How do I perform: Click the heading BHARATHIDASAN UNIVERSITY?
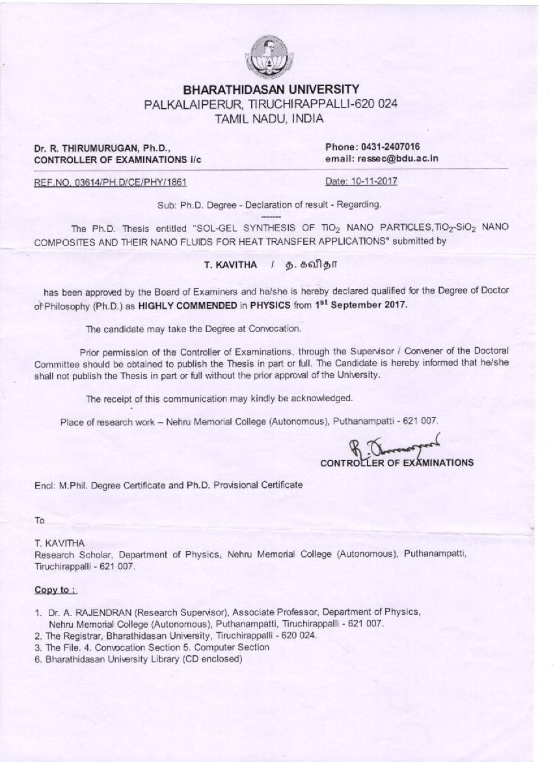[271, 89]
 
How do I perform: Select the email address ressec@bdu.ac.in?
[399, 158]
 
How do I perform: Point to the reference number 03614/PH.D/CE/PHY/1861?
[126, 182]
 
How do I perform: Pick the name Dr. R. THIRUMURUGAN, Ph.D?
[102, 148]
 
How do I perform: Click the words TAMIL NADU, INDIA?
[269, 119]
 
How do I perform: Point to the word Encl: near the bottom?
[44, 485]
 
